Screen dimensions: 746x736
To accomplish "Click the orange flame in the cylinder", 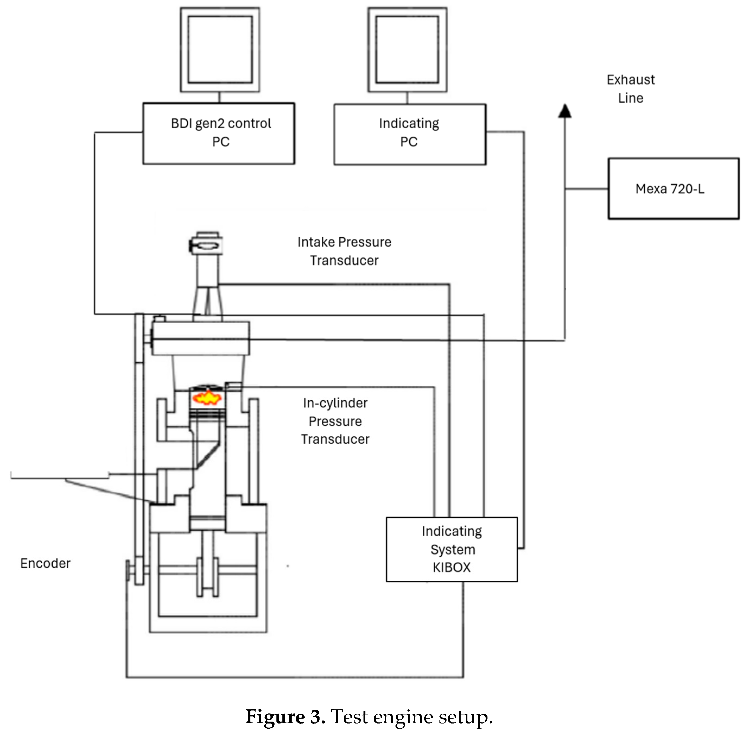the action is [x=207, y=397].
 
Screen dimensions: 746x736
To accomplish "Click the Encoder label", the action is [x=46, y=563].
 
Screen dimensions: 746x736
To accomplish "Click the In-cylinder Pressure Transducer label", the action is [x=335, y=421].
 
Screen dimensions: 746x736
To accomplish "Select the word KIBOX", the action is [x=452, y=567].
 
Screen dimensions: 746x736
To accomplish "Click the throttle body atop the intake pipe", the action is [x=206, y=244].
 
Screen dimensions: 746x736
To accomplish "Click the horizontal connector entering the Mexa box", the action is [x=586, y=189].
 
